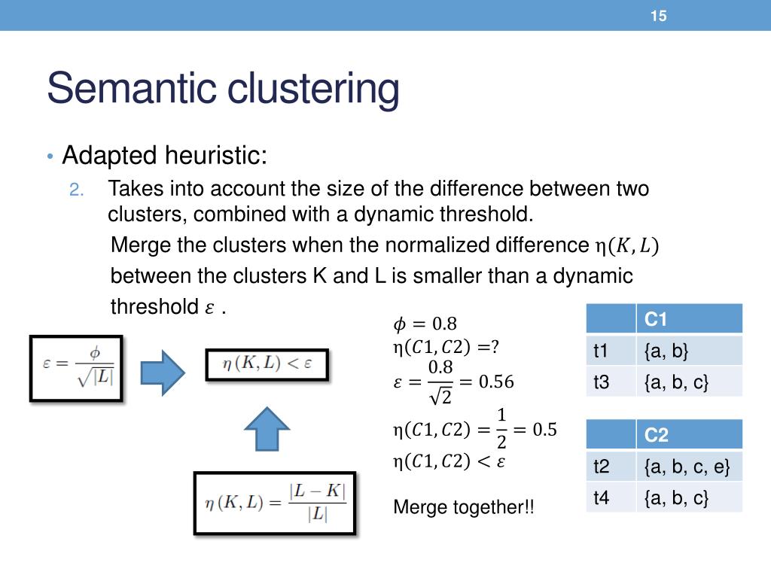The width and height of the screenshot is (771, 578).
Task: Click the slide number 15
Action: click(x=659, y=16)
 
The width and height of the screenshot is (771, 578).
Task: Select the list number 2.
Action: click(x=77, y=190)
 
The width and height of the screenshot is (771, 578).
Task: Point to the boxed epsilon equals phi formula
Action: click(x=77, y=368)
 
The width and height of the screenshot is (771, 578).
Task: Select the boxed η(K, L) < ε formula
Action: click(x=267, y=366)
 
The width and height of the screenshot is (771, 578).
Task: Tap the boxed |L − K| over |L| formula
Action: click(x=275, y=503)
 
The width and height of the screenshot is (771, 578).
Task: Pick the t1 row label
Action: click(x=601, y=351)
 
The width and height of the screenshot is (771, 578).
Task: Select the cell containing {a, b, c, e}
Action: click(x=687, y=467)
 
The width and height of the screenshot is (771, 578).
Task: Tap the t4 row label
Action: click(x=601, y=497)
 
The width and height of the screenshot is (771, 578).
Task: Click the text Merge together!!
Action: click(x=463, y=507)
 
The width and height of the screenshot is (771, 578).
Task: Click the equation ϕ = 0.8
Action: click(x=425, y=324)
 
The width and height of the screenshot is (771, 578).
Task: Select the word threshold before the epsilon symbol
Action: click(x=155, y=307)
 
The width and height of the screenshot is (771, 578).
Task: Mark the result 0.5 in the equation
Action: click(x=544, y=430)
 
